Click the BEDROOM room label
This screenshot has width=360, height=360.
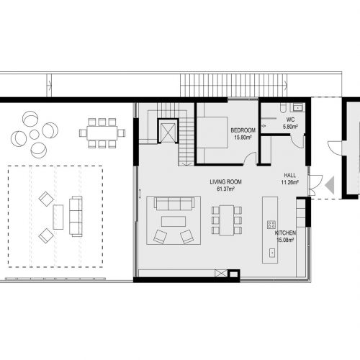pos(243,130)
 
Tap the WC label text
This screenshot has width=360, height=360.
pos(290,120)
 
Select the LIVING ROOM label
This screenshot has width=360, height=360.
pos(225,182)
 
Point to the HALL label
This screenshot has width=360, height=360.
pos(290,175)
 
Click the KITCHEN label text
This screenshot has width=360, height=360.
pos(285,233)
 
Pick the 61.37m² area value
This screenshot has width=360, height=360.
pos(225,189)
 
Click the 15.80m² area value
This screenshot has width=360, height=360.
pos(243,138)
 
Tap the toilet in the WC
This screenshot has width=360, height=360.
pos(283,107)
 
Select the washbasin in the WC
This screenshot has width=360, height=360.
pos(298,107)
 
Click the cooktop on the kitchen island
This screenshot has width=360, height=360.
pos(271,225)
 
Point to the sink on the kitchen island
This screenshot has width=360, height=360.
pos(272,253)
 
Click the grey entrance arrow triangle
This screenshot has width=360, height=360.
pos(330,185)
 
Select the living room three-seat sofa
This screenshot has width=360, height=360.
pos(174,204)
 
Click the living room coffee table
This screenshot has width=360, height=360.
pos(174,221)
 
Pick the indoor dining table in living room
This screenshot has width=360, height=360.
pos(227,220)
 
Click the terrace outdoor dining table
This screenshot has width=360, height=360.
pos(102,133)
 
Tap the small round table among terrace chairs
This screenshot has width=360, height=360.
pos(35,135)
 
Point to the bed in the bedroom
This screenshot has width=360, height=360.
pos(212,132)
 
